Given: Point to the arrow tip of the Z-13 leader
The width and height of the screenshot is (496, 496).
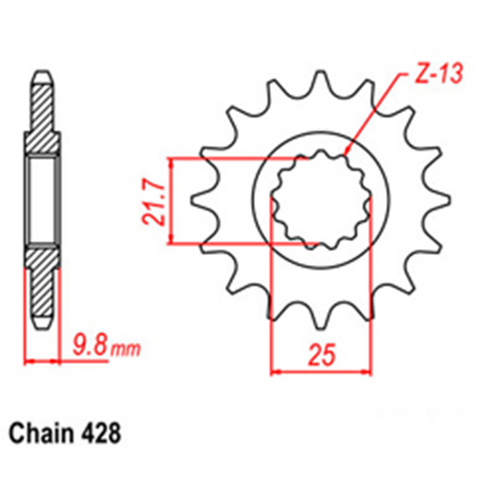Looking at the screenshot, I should coord(344,155).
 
